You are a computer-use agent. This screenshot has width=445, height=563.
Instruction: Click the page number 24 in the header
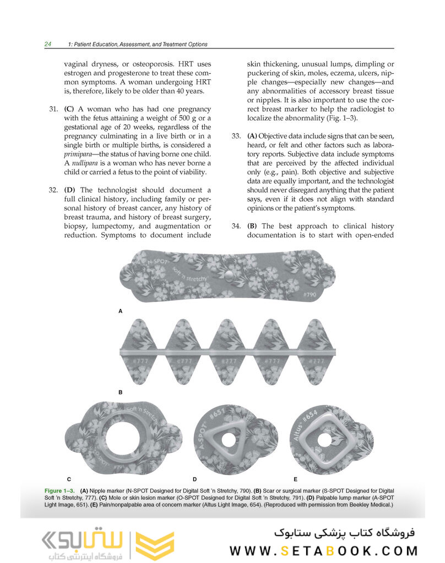coord(48,44)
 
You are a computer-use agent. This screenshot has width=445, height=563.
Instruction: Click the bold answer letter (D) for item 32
coord(70,190)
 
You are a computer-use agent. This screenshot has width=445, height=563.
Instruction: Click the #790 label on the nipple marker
coord(310,295)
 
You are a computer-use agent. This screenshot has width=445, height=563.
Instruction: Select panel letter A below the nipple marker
coord(121,311)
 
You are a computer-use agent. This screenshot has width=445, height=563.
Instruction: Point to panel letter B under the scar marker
coord(121,393)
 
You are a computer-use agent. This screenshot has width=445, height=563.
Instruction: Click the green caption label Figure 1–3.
coord(61,490)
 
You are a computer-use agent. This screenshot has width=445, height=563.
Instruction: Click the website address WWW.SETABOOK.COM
coord(324,550)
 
